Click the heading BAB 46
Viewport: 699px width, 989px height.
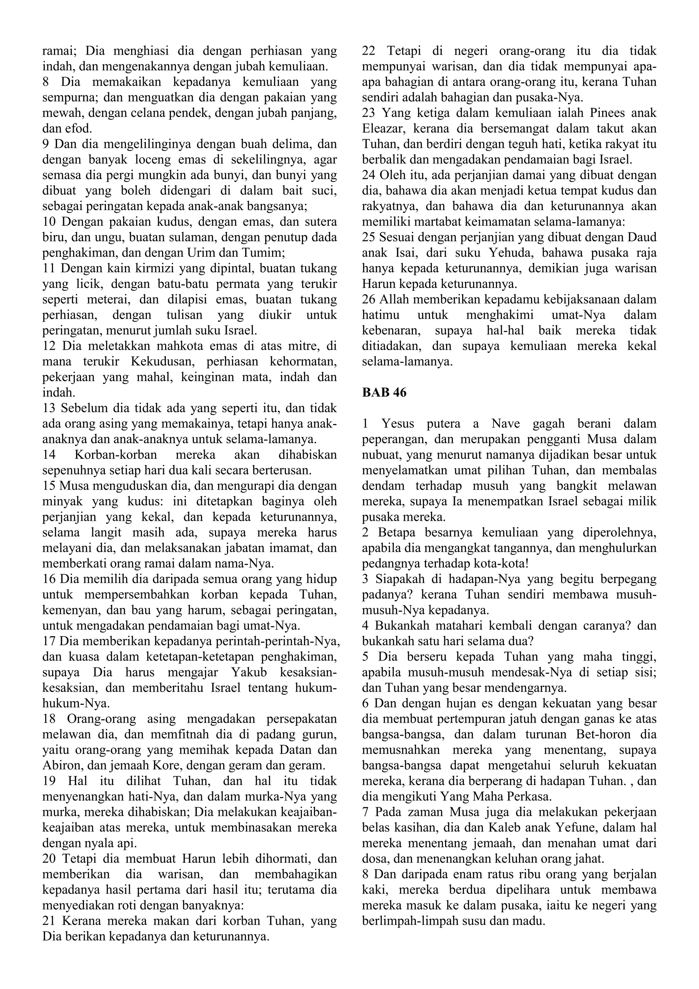(384, 392)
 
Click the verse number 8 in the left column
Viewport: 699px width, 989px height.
(46, 82)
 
